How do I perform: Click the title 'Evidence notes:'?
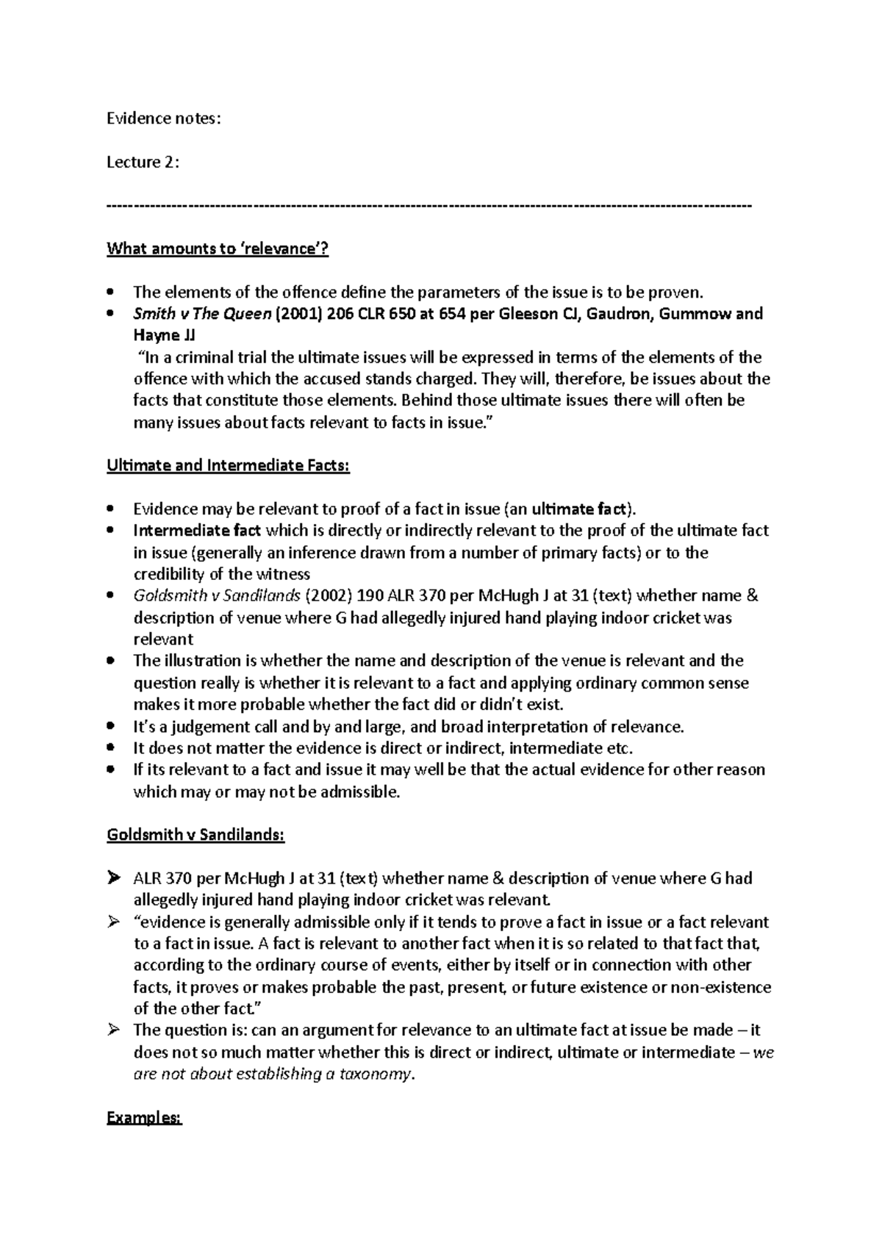[163, 118]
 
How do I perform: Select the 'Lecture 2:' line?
[143, 162]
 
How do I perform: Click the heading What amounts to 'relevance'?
[218, 248]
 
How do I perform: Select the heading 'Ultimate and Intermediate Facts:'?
[229, 465]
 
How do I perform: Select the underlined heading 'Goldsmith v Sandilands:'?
[196, 835]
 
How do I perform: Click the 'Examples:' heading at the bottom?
[144, 1118]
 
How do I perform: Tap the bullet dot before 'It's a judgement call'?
[111, 727]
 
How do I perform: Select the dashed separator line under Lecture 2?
[429, 205]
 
